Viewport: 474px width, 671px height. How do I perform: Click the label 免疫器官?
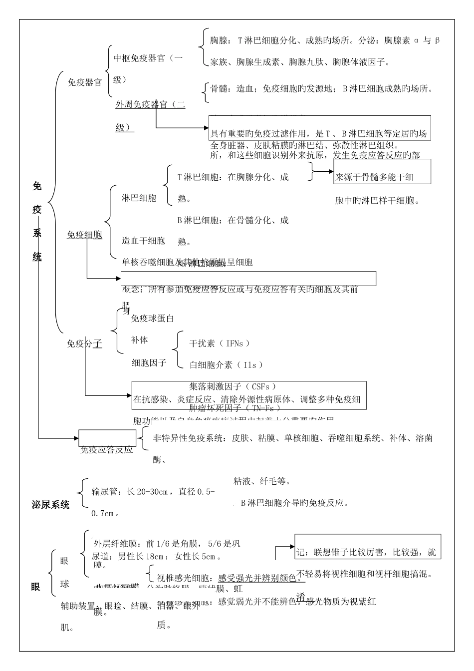[84, 82]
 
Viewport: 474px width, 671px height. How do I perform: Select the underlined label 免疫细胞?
[84, 235]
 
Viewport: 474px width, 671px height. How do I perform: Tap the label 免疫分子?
[84, 343]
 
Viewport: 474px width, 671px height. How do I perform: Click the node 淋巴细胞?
[139, 198]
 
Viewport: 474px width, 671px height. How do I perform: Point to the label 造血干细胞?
[143, 241]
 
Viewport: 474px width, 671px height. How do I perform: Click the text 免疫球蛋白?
[152, 318]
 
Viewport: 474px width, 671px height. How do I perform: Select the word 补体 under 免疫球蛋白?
[139, 340]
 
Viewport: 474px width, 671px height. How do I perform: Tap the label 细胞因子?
[149, 362]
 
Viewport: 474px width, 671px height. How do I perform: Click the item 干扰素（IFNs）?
[220, 343]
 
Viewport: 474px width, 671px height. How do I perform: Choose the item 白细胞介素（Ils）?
[226, 365]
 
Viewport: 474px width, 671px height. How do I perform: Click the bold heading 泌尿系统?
[50, 505]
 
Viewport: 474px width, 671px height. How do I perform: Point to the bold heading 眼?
[35, 587]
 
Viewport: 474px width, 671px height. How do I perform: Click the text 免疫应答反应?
[107, 449]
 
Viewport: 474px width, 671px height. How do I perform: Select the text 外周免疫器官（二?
[150, 104]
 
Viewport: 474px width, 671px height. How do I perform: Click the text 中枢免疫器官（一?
[148, 58]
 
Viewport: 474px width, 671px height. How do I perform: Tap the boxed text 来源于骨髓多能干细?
[375, 177]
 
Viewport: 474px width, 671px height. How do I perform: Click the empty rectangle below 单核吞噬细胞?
[248, 279]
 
